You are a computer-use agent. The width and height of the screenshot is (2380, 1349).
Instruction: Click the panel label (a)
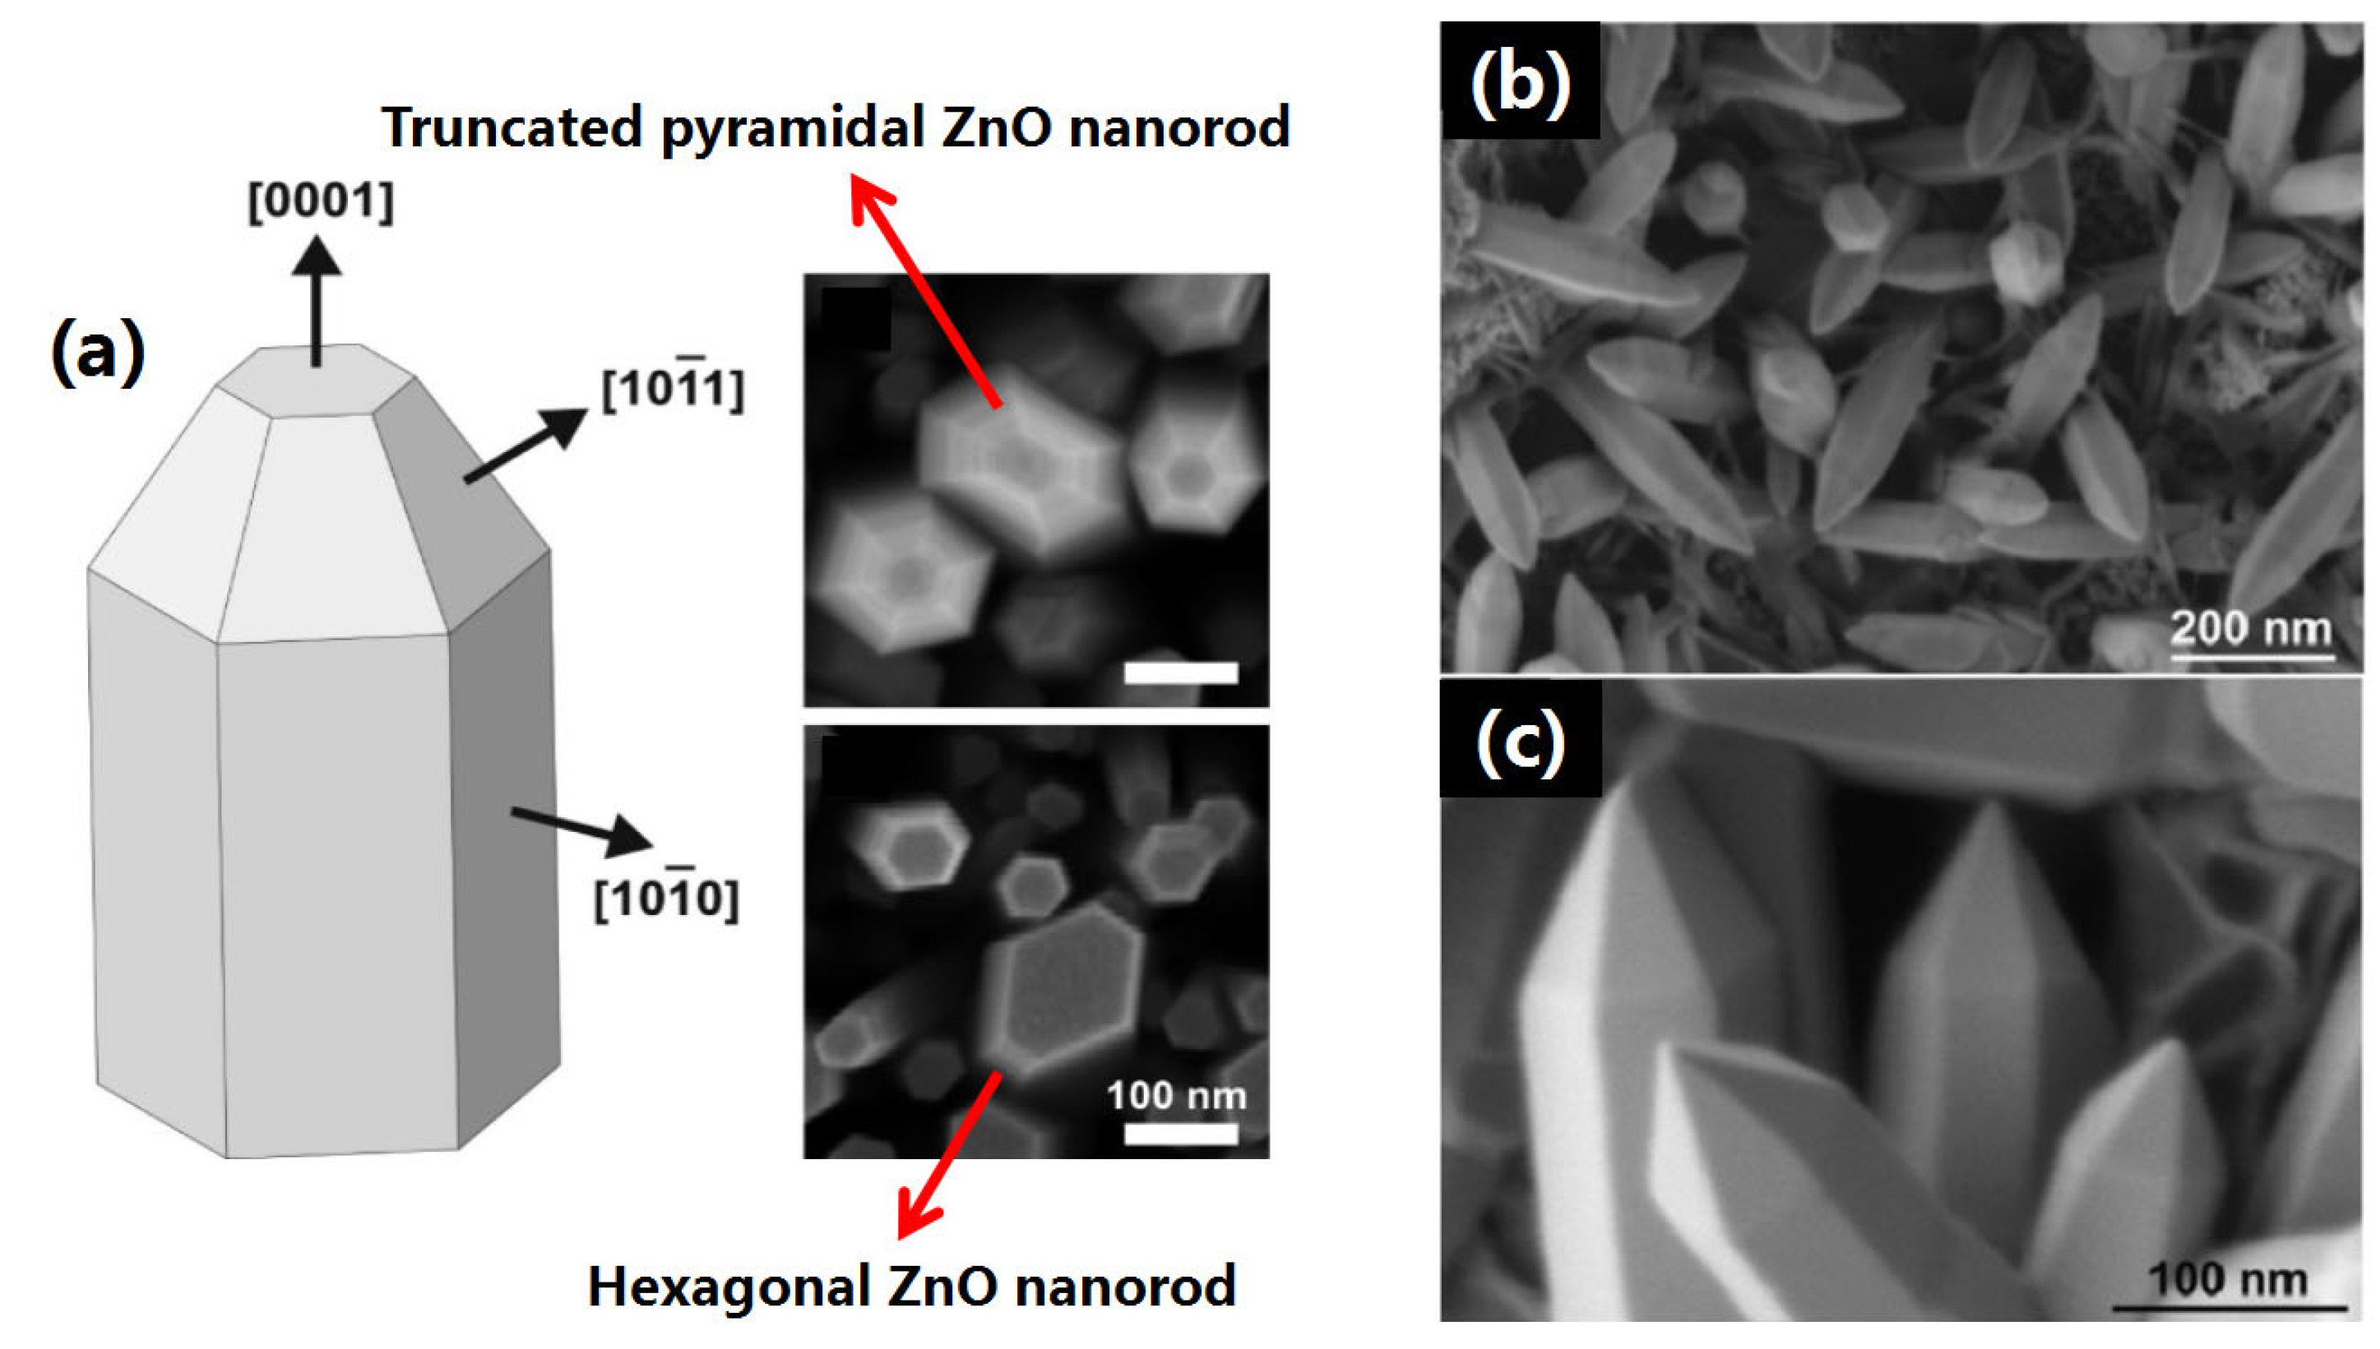tap(97, 352)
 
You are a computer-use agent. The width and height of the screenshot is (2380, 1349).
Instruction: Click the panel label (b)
tap(1520, 83)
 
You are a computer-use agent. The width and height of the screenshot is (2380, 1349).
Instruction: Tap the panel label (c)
tap(1520, 741)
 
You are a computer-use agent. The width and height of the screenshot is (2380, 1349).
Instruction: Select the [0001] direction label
tap(321, 202)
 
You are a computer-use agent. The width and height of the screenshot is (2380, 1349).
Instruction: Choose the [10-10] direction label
tap(665, 897)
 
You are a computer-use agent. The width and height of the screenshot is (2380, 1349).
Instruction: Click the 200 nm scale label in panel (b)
tap(2250, 628)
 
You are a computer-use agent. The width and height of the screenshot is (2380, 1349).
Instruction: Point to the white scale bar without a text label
tap(1181, 673)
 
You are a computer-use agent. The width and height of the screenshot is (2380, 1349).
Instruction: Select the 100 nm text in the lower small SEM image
tap(1177, 1096)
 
